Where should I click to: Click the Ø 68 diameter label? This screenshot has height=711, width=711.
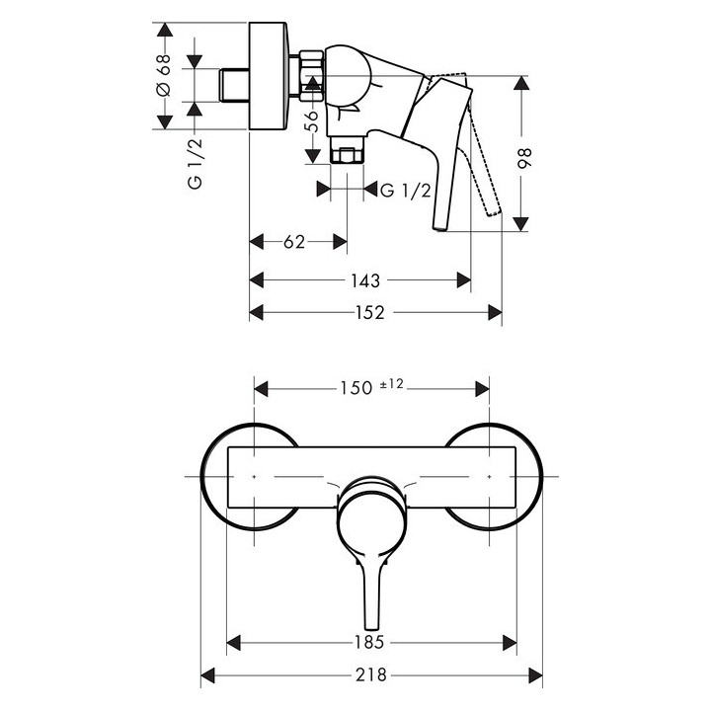click(164, 77)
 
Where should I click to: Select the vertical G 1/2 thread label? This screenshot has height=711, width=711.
click(196, 164)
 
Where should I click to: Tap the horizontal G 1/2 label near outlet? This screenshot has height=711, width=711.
click(405, 190)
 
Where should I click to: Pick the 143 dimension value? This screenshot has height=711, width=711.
click(360, 280)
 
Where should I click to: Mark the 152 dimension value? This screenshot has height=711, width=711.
click(375, 312)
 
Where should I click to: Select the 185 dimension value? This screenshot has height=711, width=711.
click(372, 644)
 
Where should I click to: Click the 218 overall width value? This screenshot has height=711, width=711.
click(372, 676)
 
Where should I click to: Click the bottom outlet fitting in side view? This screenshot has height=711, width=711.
click(347, 156)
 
